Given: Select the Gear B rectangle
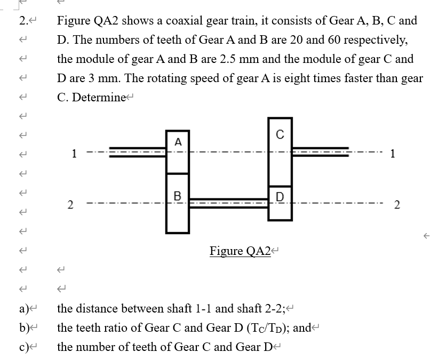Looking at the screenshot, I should pyautogui.click(x=177, y=203).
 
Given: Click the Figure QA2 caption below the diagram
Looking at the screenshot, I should pyautogui.click(x=240, y=251).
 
